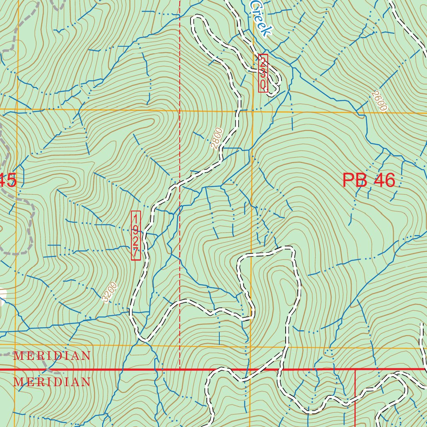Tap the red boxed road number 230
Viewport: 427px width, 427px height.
point(263,73)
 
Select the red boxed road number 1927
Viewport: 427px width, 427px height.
point(136,236)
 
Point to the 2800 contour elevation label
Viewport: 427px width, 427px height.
point(216,138)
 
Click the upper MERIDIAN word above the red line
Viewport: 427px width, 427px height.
point(52,356)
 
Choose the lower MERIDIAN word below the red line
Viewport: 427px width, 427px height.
point(52,382)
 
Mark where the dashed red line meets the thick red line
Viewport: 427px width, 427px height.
point(180,369)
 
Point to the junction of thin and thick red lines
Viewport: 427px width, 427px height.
point(355,369)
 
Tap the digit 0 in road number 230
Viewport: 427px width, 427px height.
point(263,85)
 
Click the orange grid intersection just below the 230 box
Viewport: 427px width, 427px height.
point(252,111)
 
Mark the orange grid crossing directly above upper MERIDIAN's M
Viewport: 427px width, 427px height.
point(17,345)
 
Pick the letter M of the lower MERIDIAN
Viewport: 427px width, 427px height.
point(18,382)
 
